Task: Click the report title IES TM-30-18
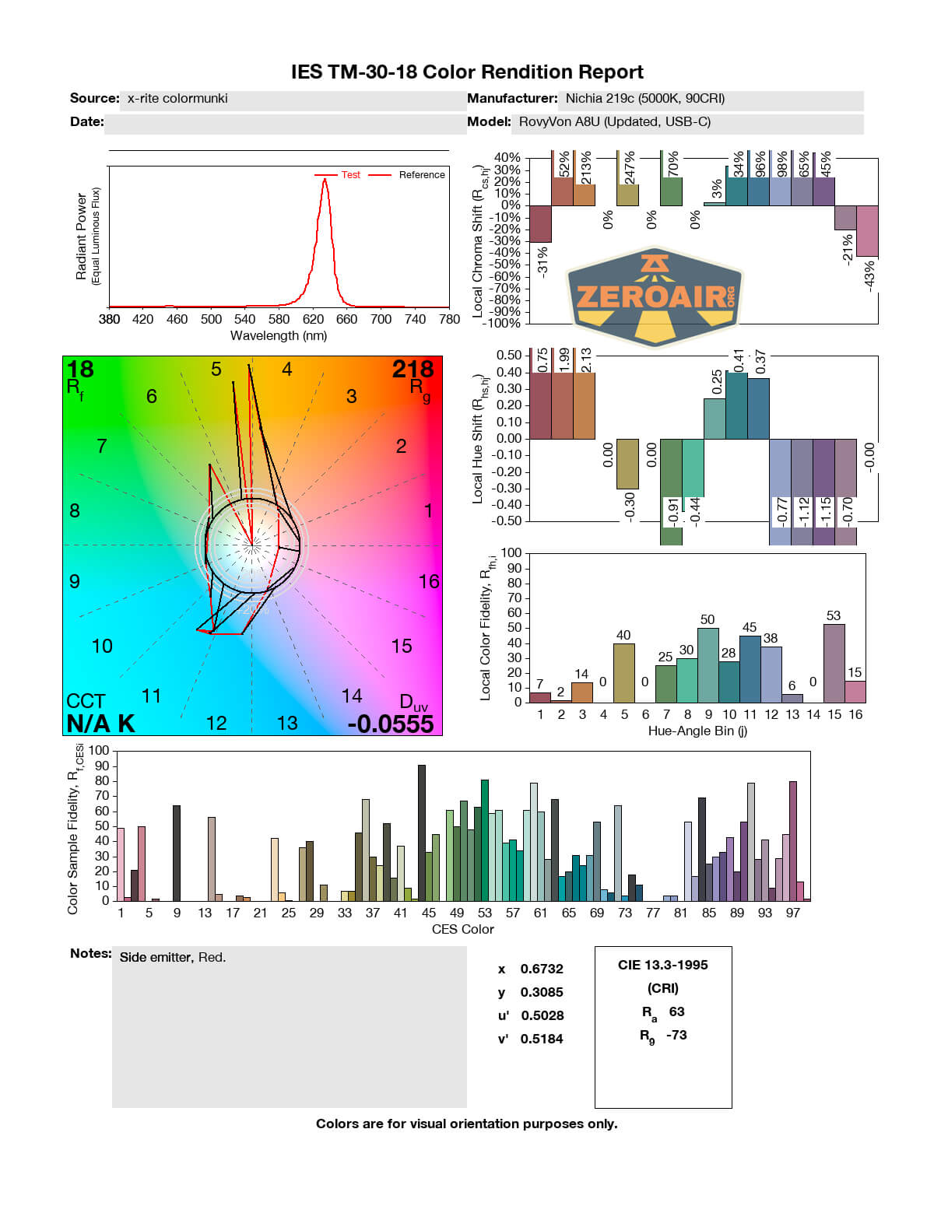click(x=467, y=72)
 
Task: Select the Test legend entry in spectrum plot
click(x=350, y=175)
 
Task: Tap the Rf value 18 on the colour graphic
click(x=80, y=369)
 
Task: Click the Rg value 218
click(x=413, y=369)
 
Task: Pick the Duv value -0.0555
click(x=391, y=724)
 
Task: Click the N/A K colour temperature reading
click(x=100, y=724)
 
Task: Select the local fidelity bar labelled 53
click(x=834, y=662)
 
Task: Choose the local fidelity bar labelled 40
click(x=623, y=672)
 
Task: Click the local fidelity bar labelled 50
click(x=708, y=664)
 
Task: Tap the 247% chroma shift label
click(x=630, y=168)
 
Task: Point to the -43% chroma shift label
click(x=869, y=276)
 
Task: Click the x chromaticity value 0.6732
click(x=542, y=969)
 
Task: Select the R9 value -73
click(x=676, y=1035)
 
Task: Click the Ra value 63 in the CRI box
click(x=676, y=1011)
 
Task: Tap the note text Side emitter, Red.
click(x=173, y=957)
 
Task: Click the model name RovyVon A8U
click(x=615, y=121)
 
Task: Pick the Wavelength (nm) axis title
click(x=279, y=335)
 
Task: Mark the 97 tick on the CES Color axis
click(x=792, y=913)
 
